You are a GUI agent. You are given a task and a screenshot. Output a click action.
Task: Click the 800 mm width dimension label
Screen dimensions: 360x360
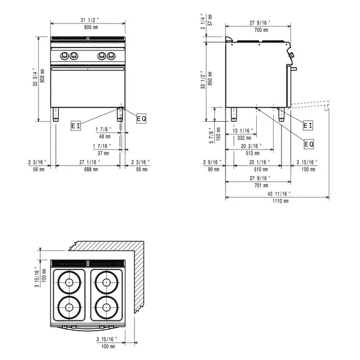88,28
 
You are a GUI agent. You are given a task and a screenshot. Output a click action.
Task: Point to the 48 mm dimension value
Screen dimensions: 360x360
106,136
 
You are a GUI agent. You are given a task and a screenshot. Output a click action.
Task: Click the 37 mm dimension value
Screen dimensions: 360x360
106,153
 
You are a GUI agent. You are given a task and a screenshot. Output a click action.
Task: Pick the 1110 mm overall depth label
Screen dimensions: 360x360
278,200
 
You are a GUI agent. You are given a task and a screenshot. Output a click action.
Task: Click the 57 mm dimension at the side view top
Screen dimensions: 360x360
211,23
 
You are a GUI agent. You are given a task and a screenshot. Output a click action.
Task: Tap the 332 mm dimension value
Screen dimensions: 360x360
243,137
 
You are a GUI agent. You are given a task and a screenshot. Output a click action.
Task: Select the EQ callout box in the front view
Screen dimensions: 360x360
141,118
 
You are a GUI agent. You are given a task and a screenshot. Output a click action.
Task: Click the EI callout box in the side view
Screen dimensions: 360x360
308,125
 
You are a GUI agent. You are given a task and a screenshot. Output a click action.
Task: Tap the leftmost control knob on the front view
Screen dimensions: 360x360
65,56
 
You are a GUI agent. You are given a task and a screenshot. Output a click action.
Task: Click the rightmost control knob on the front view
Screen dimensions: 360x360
110,56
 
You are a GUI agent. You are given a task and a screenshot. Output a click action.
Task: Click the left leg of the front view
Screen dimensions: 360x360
56,115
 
